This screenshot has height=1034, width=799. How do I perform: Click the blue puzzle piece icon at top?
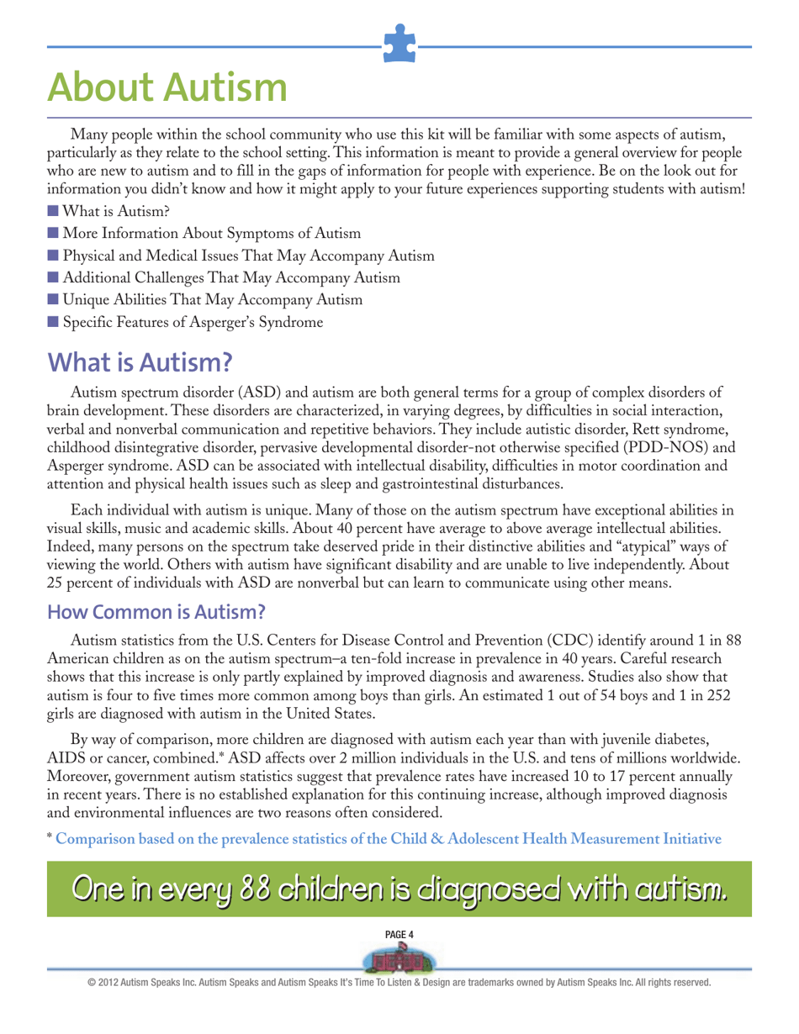point(399,44)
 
